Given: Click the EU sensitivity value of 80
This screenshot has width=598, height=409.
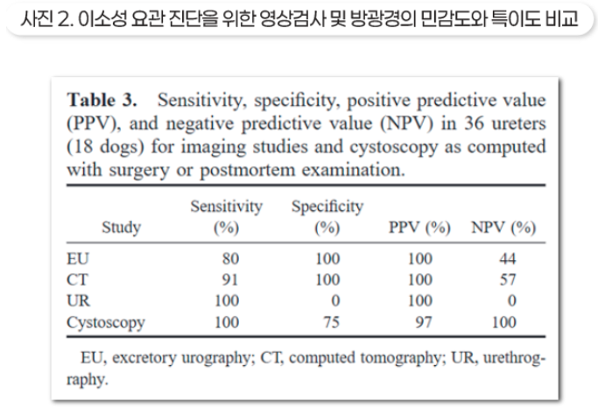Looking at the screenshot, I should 233,259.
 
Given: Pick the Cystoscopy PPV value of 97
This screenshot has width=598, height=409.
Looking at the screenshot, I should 424,322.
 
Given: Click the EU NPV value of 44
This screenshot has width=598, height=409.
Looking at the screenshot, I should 507,259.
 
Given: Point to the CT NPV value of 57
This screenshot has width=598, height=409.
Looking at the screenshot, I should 507,280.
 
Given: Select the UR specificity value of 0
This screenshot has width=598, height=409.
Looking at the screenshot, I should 336,301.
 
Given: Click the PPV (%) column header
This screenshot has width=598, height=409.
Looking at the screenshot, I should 420,229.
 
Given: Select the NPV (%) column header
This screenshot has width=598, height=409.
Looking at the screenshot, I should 503,229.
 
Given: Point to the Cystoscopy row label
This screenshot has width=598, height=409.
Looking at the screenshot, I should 106,322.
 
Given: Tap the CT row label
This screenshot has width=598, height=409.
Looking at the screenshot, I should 78,280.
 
